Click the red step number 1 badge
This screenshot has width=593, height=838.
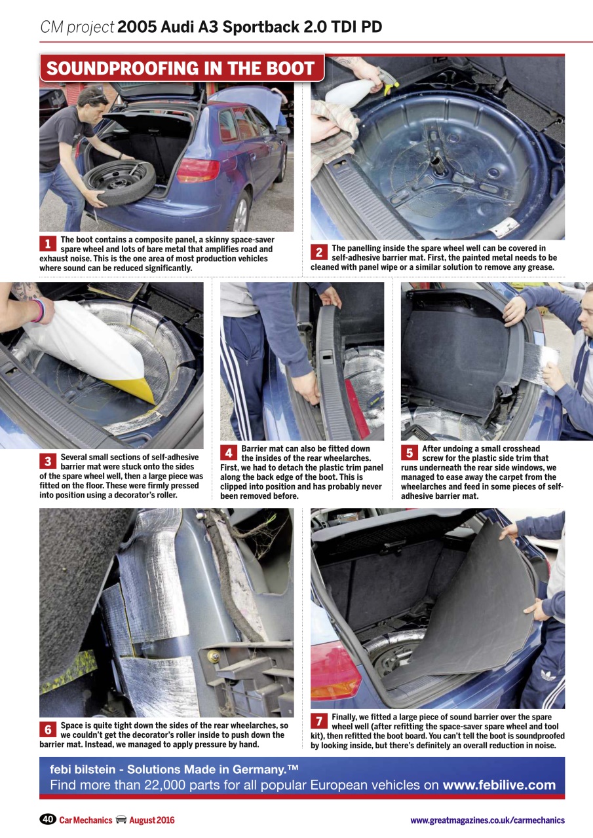(x=47, y=244)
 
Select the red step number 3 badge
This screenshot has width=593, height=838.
(x=47, y=461)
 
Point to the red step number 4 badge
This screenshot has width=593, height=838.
(x=228, y=452)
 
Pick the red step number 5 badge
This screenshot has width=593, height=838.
(x=409, y=452)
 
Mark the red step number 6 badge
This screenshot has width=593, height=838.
(x=47, y=729)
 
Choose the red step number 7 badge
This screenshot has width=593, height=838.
(x=318, y=721)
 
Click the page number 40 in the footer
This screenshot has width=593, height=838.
(x=47, y=820)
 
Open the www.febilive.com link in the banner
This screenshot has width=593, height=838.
(x=499, y=785)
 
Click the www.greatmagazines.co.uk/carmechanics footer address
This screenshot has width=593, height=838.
(x=487, y=820)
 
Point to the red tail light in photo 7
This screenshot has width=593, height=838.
(x=335, y=667)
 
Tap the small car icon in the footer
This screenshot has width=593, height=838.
(x=121, y=820)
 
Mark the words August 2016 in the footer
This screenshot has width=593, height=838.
(x=152, y=820)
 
